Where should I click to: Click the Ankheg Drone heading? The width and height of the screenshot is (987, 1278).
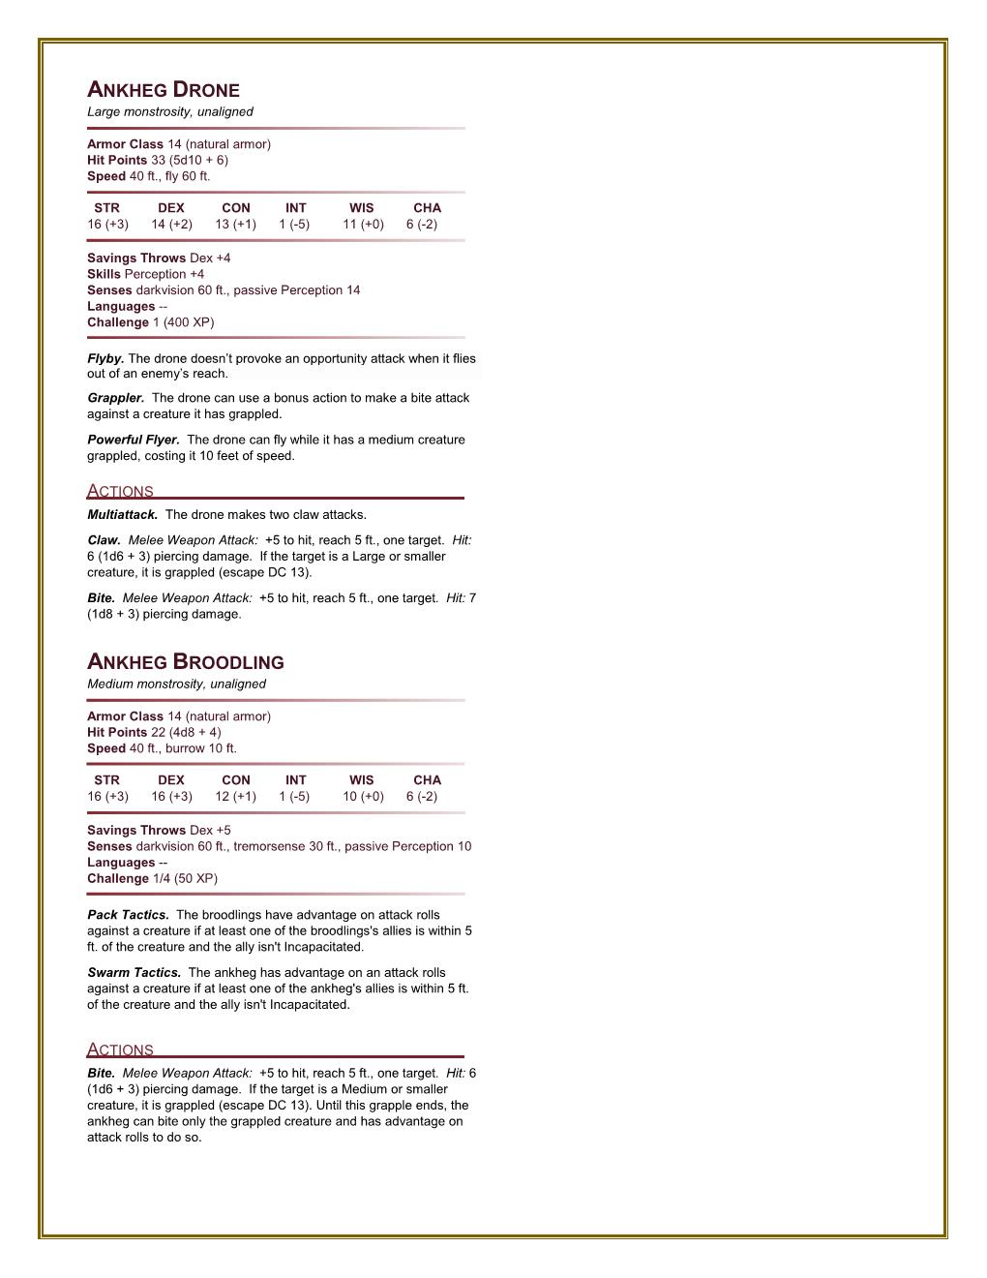[164, 91]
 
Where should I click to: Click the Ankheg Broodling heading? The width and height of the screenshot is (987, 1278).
[186, 663]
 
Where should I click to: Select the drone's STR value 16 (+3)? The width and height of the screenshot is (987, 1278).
[107, 225]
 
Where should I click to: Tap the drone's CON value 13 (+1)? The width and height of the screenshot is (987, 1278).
[235, 225]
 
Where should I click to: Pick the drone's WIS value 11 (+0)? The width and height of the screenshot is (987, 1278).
[363, 225]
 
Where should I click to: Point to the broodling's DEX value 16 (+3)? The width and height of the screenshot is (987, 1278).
[171, 797]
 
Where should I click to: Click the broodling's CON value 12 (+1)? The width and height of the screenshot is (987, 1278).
[235, 797]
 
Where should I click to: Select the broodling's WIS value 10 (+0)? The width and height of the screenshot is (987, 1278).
[363, 797]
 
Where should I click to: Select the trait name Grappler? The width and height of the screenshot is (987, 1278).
[115, 398]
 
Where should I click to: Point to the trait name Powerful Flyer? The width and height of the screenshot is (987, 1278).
[133, 440]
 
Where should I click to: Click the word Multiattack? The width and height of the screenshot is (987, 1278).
[122, 515]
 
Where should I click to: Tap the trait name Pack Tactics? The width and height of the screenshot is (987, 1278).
[128, 915]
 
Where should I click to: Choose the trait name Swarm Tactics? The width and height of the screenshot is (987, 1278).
[134, 973]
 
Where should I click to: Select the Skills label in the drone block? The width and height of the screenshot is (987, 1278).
[104, 275]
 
